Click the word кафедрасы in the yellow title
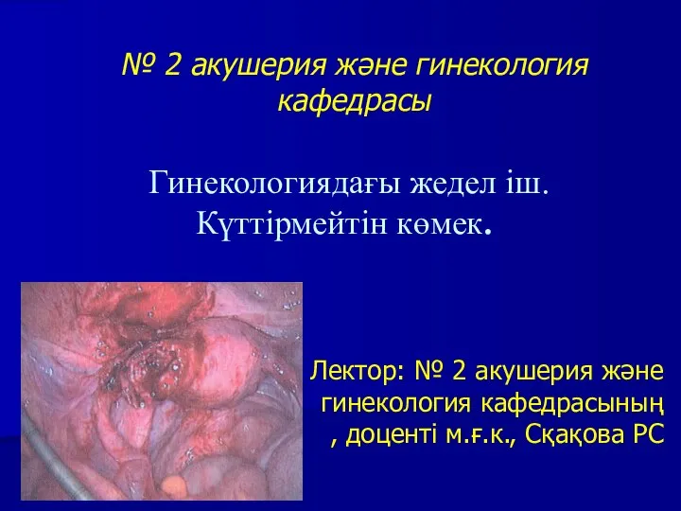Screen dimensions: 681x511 point(355,102)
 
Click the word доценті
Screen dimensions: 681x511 point(391,434)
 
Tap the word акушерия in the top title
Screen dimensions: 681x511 point(258,65)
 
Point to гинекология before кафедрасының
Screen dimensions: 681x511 point(396,404)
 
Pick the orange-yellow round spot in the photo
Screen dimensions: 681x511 point(174,484)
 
